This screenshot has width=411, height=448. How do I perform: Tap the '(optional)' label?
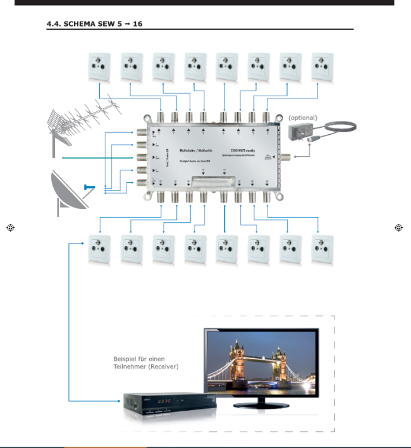click(x=302, y=118)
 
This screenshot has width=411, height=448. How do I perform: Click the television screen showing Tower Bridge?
click(x=261, y=363)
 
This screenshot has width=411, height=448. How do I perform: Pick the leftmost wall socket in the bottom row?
click(x=99, y=249)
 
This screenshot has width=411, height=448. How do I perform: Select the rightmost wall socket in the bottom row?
click(x=322, y=249)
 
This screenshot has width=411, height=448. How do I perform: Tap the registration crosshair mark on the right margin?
click(x=398, y=228)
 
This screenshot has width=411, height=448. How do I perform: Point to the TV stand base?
click(x=261, y=403)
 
